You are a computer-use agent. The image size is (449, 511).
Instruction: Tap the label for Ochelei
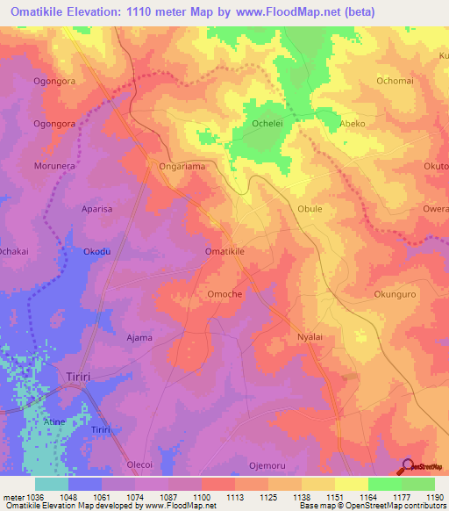[x=267, y=124]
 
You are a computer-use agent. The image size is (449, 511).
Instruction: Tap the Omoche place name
[x=224, y=294]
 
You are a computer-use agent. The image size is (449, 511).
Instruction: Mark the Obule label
[x=310, y=210]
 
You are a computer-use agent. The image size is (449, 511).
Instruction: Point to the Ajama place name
[x=139, y=337]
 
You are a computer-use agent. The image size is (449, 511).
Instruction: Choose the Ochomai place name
[x=396, y=81]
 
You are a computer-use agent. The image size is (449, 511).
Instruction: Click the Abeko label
[x=353, y=124]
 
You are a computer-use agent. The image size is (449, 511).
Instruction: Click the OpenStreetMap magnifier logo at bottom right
[x=408, y=467]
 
